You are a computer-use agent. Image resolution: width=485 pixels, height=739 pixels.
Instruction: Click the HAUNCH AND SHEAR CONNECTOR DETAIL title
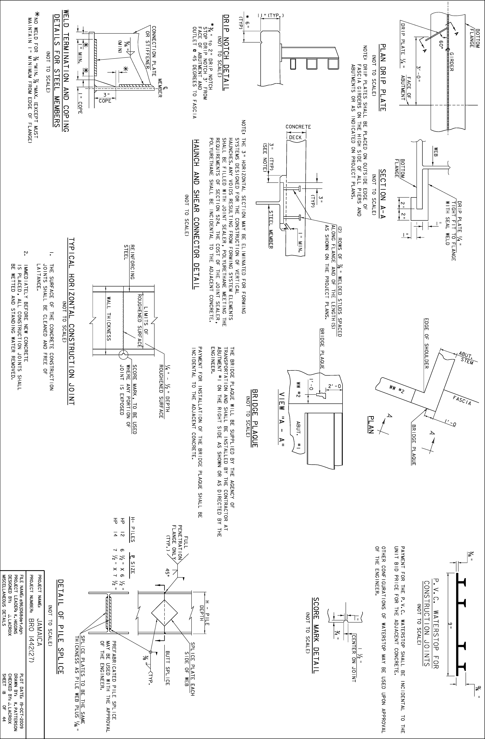coord(196,214)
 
